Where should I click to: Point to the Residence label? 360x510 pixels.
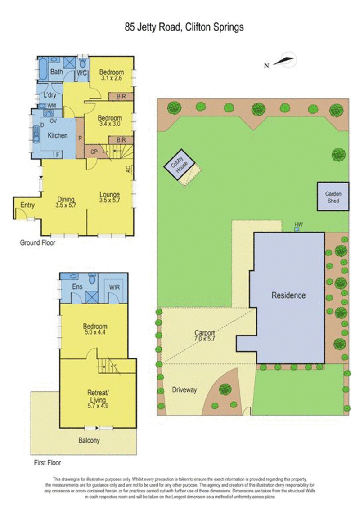[288, 295]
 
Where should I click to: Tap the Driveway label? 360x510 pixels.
[184, 390]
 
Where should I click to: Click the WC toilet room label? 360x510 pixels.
[82, 73]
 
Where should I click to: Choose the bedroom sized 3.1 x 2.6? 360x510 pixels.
[111, 74]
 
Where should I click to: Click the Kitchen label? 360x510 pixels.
[58, 135]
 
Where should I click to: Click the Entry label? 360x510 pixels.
[27, 206]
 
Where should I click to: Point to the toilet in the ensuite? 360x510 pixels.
[91, 280]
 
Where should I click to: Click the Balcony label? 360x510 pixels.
[89, 441]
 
